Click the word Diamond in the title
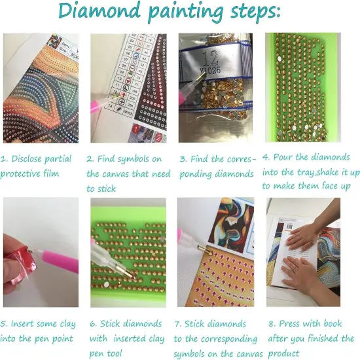99,10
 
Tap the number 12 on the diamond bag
211,58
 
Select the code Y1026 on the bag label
210,71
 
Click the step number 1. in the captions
5,158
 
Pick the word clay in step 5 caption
67,324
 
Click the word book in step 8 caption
333,323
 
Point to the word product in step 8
283,353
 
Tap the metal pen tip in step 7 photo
203,248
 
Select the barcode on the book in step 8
289,227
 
